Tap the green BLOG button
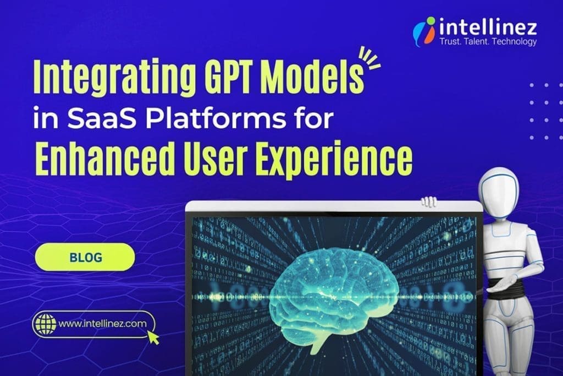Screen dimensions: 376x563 pyautogui.click(x=85, y=257)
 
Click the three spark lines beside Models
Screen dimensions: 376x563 pyautogui.click(x=369, y=57)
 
